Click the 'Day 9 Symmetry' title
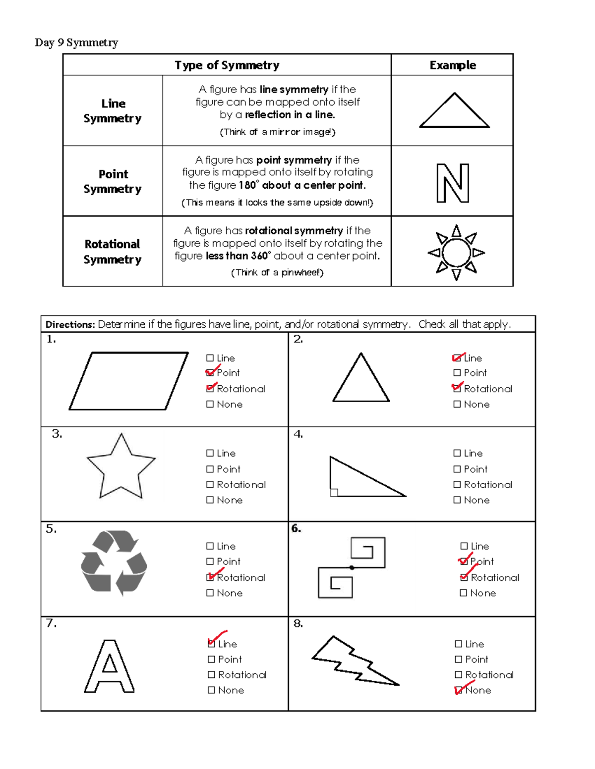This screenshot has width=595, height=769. click(76, 43)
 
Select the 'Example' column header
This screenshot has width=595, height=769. click(452, 65)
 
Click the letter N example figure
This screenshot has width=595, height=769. click(453, 183)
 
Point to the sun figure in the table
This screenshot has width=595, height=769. click(456, 253)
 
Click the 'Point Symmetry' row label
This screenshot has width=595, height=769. click(113, 181)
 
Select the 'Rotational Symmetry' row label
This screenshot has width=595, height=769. click(113, 252)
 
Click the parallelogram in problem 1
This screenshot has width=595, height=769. click(129, 381)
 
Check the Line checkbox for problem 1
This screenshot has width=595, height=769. click(210, 358)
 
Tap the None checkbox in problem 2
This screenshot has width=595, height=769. click(457, 405)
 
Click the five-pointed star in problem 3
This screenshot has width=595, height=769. click(121, 468)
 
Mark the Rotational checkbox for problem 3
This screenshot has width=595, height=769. click(210, 485)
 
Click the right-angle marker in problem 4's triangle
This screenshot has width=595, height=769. click(334, 492)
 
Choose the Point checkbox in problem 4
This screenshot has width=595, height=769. click(457, 469)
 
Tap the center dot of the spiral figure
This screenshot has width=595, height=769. click(352, 567)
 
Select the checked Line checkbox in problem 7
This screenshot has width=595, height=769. click(212, 644)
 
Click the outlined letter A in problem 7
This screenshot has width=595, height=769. click(109, 666)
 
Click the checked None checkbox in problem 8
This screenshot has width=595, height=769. click(458, 690)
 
